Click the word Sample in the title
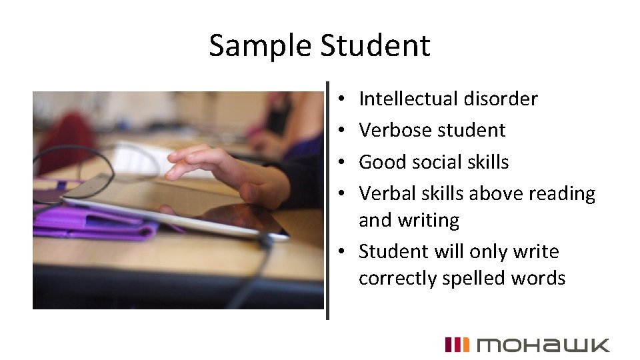coord(261,45)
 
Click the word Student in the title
coord(375,45)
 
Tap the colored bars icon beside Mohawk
coord(457,345)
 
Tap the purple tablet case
coord(93,223)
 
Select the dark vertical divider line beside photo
coord(327,200)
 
